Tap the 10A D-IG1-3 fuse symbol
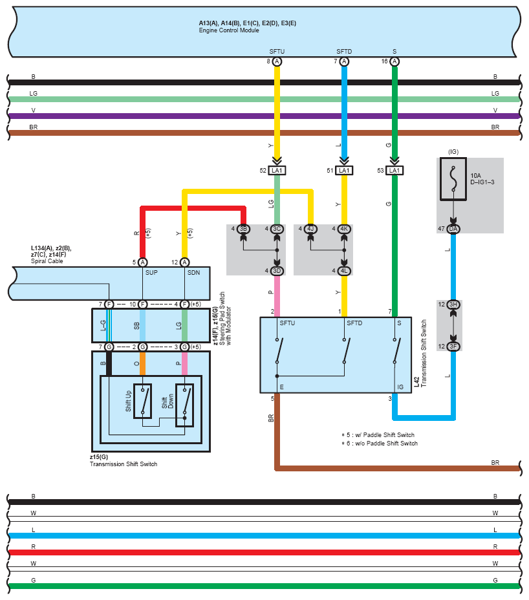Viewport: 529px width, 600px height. click(453, 178)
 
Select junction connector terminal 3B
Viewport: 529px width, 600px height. click(243, 229)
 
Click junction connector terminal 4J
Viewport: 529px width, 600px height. click(310, 229)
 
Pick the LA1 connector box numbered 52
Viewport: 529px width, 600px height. click(277, 171)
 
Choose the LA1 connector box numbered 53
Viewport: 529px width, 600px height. click(394, 171)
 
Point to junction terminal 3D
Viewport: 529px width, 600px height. click(277, 270)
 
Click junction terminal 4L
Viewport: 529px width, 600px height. click(344, 270)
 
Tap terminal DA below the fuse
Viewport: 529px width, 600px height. click(453, 229)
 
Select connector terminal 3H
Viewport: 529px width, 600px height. click(453, 305)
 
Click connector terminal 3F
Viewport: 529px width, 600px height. click(453, 347)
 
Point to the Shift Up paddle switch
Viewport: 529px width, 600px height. click(142, 401)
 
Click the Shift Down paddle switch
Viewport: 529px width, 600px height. click(184, 401)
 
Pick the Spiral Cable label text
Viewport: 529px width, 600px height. click(47, 261)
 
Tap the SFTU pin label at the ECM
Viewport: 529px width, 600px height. click(277, 51)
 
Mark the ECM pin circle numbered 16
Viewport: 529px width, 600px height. click(394, 61)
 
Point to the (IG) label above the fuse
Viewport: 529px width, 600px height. click(453, 152)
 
